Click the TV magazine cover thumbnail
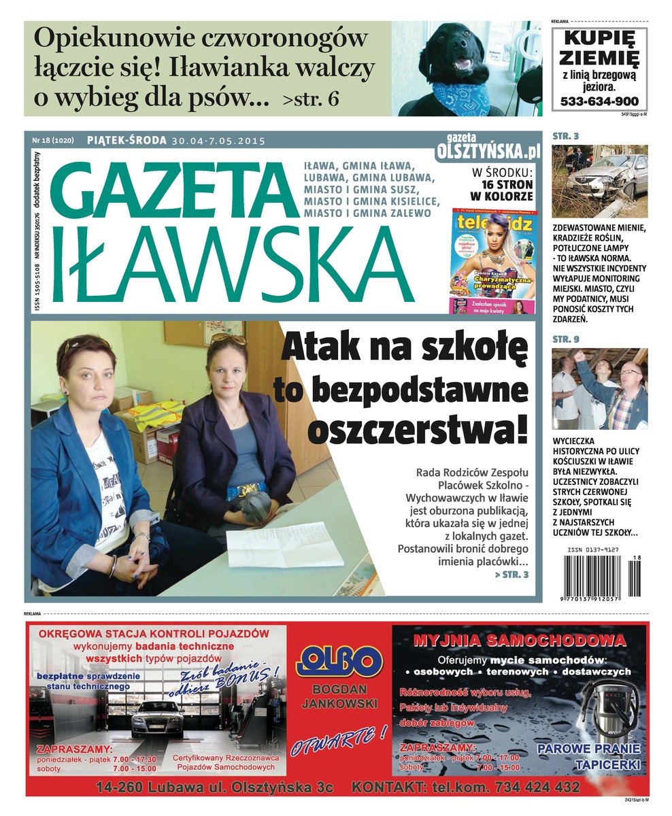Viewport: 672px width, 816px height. click(x=492, y=260)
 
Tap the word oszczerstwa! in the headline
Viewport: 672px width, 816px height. click(x=418, y=428)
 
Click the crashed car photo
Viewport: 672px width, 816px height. click(x=599, y=181)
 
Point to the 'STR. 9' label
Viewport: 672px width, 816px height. click(x=565, y=338)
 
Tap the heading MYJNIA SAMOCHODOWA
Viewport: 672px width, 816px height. click(x=519, y=640)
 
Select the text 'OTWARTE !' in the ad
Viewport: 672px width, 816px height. click(x=339, y=739)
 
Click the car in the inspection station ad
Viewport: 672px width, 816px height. click(x=158, y=719)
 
